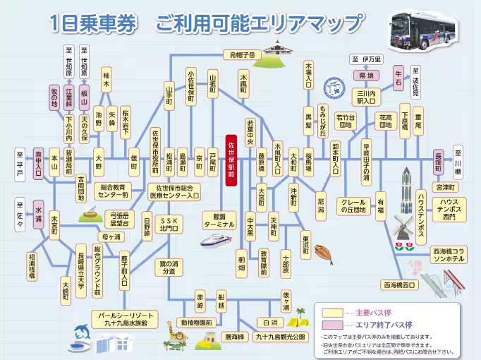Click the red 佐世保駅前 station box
point(231,160)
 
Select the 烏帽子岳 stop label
point(242,54)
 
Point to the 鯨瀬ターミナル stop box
point(218,220)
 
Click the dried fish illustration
point(323,252)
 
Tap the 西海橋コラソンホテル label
point(449,255)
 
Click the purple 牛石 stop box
point(398,74)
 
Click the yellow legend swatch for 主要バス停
point(332,311)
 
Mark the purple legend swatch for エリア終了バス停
point(332,323)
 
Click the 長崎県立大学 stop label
point(81,266)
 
